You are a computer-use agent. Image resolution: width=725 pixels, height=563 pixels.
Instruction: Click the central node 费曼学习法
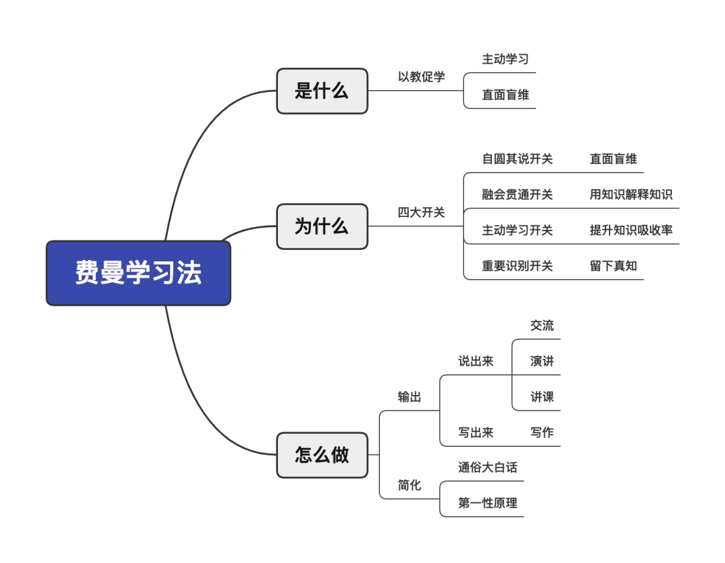[x=138, y=273]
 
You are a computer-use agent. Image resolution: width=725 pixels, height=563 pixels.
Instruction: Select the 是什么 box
[x=322, y=91]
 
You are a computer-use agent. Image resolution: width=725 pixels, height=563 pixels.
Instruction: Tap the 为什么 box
[x=322, y=226]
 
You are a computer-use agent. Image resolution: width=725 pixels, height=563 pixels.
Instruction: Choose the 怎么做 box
[x=322, y=455]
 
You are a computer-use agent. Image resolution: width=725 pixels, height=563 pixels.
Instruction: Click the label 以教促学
[x=422, y=77]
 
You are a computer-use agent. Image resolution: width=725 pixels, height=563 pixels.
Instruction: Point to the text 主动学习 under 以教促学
[x=505, y=59]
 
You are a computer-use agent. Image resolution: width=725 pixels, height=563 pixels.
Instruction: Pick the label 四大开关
[x=422, y=212]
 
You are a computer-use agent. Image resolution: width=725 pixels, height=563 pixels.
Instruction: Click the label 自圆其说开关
[x=518, y=159]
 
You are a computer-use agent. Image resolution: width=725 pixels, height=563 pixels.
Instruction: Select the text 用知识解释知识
[x=631, y=195]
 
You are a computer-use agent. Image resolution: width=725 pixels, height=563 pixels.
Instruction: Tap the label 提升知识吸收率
[x=631, y=230]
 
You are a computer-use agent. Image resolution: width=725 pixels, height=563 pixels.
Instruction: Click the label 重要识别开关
[x=518, y=266]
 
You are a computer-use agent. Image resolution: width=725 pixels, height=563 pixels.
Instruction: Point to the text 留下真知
[x=614, y=266]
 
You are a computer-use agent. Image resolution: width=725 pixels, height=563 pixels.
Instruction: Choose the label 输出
[x=409, y=397]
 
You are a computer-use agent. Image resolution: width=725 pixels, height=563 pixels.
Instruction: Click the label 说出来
[x=476, y=361]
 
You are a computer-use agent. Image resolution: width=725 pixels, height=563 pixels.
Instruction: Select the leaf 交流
[x=542, y=326]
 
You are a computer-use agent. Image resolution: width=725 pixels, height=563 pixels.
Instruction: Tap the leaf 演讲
[x=542, y=361]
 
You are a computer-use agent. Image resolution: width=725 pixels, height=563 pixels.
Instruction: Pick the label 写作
[x=542, y=433]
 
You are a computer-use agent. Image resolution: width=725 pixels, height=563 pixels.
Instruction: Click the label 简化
[x=409, y=485]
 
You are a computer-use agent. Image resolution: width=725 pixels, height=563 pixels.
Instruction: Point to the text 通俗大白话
[x=488, y=468]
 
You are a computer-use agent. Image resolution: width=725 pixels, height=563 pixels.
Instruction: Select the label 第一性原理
[x=488, y=503]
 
